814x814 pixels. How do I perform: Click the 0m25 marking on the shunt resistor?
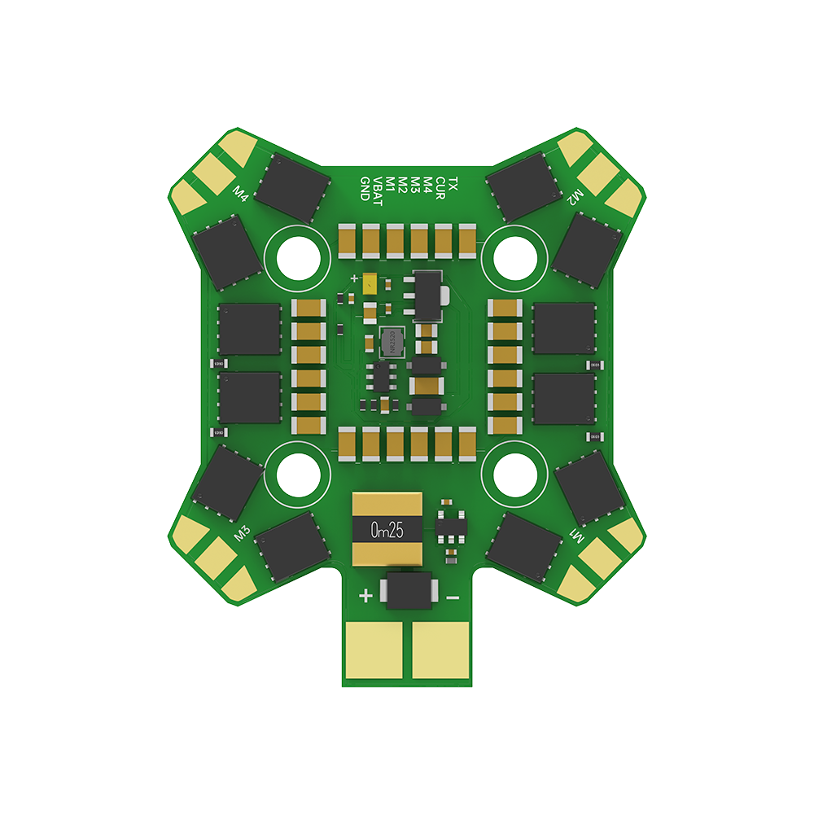click(x=387, y=531)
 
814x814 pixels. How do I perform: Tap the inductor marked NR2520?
click(x=391, y=343)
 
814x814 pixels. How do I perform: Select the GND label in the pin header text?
click(x=365, y=188)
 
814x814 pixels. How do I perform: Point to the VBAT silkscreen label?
click(x=377, y=188)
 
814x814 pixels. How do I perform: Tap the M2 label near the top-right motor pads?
click(x=575, y=196)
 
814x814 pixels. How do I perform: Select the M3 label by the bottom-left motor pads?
click(x=242, y=534)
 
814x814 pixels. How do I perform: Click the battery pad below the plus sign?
click(x=375, y=650)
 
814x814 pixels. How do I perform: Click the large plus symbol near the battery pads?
click(x=366, y=596)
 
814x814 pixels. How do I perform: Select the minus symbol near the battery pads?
click(x=453, y=597)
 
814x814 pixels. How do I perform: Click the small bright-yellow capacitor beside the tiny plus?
click(x=371, y=285)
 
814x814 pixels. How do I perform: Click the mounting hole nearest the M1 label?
click(x=514, y=471)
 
